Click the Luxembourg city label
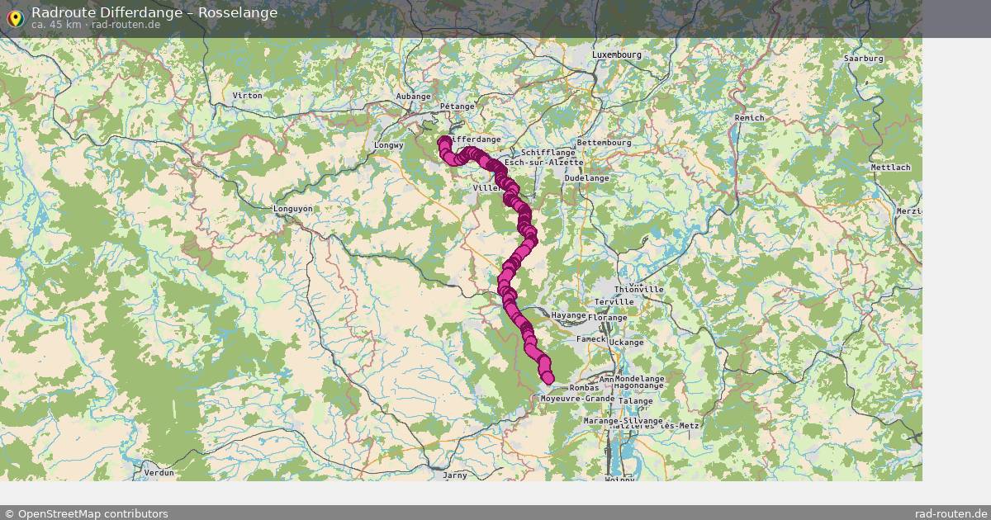pyautogui.click(x=616, y=54)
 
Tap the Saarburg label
pyautogui.click(x=863, y=59)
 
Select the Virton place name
pyautogui.click(x=247, y=96)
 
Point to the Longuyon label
pyautogui.click(x=293, y=209)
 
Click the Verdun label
pyautogui.click(x=159, y=473)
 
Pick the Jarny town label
pyautogui.click(x=455, y=475)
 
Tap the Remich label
pyautogui.click(x=749, y=118)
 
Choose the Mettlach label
pyautogui.click(x=890, y=168)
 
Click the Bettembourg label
pyautogui.click(x=604, y=143)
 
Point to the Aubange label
pyautogui.click(x=414, y=97)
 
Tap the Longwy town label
pyautogui.click(x=387, y=145)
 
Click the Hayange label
pyautogui.click(x=568, y=315)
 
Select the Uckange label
pyautogui.click(x=627, y=342)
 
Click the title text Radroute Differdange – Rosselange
pyautogui.click(x=154, y=12)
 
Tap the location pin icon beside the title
pyautogui.click(x=14, y=17)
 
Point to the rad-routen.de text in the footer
pyautogui.click(x=951, y=513)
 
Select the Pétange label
pyautogui.click(x=457, y=106)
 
